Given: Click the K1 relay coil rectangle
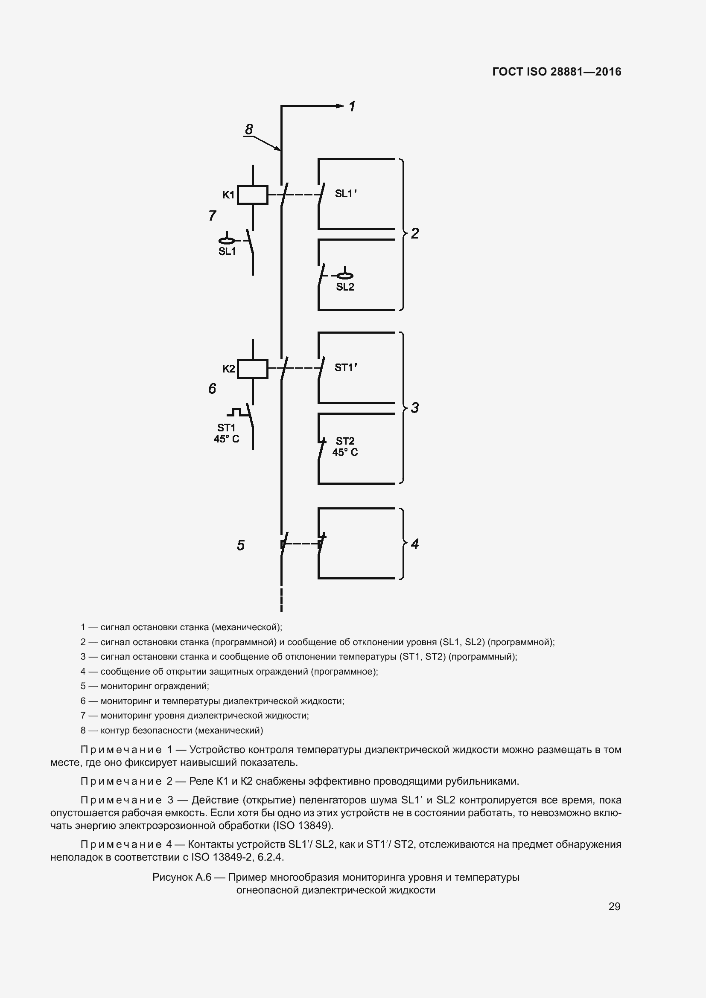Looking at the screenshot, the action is tap(253, 195).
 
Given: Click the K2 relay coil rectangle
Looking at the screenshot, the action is tap(253, 369).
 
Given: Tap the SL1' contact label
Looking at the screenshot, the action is tap(346, 194).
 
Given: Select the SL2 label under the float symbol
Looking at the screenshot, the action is tap(345, 287).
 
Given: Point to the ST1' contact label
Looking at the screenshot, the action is tap(346, 368).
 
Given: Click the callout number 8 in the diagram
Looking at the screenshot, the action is tap(249, 130).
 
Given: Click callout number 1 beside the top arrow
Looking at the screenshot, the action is tap(352, 107).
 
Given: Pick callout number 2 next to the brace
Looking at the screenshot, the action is tap(415, 233).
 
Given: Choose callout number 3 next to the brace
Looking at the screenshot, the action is tap(415, 408).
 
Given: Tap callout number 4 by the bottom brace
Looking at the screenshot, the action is tap(415, 544).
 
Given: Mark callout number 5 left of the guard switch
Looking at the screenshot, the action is tap(241, 545).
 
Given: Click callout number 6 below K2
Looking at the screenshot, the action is tap(212, 389).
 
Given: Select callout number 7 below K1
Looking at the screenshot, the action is tap(212, 215).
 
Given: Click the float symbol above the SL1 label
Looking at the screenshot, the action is tap(227, 240).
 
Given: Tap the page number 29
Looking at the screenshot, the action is tap(614, 906).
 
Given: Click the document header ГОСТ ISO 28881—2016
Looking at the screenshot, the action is tap(557, 72).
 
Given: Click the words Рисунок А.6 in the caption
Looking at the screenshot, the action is tap(182, 877).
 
